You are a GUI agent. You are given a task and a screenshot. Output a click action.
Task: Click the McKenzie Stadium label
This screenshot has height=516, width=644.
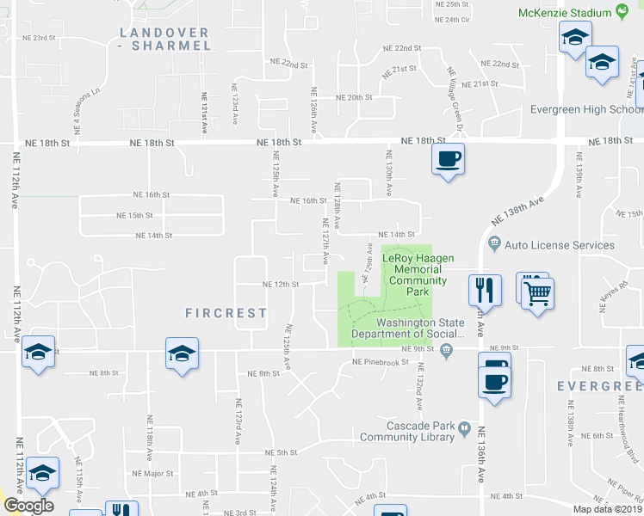click(x=565, y=13)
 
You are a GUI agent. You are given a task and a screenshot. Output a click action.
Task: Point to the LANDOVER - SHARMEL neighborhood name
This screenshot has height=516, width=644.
click(x=164, y=40)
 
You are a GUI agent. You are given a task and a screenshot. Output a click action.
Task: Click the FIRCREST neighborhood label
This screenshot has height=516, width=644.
click(x=226, y=313)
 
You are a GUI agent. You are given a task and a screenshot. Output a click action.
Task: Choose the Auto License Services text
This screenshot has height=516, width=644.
click(x=560, y=245)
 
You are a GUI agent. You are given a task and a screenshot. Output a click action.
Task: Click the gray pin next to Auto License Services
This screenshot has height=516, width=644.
click(x=494, y=243)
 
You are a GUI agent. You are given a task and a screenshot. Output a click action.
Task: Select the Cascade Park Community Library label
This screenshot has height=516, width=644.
click(x=407, y=432)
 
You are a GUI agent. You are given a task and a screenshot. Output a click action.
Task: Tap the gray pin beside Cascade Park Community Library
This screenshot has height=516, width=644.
click(x=464, y=427)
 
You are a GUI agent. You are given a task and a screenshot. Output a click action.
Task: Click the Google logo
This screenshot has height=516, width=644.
click(x=28, y=506)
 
